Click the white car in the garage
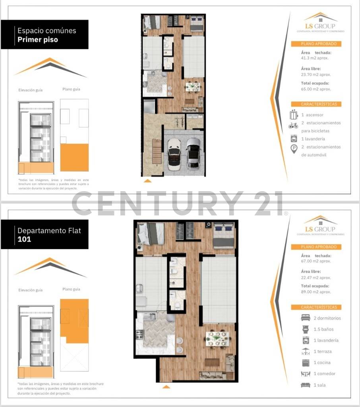tap(174, 154)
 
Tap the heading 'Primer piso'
tap(38, 40)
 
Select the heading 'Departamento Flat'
tap(49, 231)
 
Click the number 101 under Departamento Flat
tap(24, 240)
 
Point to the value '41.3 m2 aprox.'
tap(315, 58)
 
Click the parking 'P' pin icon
tap(294, 149)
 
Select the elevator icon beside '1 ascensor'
tap(294, 115)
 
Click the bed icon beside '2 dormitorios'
tap(305, 318)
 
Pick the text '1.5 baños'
tap(324, 329)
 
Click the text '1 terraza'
tap(323, 352)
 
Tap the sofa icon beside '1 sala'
tap(305, 385)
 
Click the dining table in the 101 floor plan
tap(217, 338)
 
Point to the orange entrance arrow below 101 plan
tap(166, 386)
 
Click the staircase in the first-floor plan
tap(157, 153)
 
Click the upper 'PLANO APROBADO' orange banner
tap(316, 44)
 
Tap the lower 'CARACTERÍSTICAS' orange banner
tap(316, 307)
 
